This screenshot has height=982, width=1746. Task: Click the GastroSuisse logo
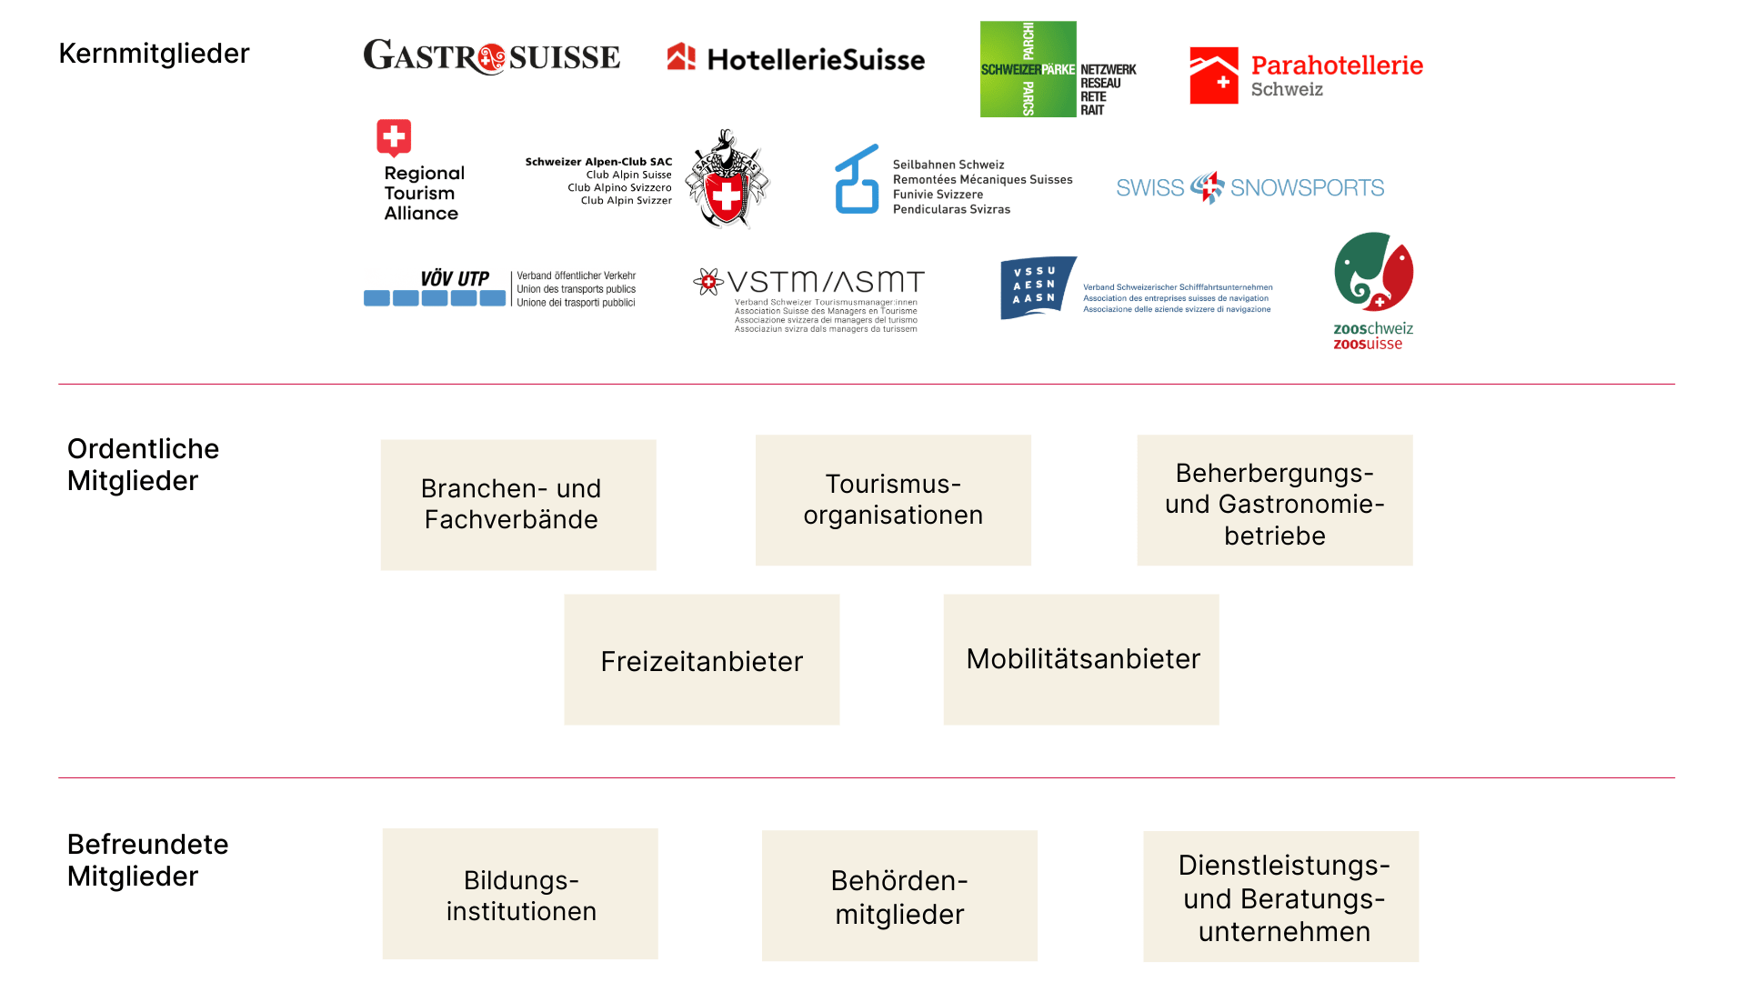tap(491, 56)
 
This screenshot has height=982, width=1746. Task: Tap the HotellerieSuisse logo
tap(796, 59)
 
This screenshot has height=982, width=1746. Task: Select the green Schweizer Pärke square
tap(1028, 69)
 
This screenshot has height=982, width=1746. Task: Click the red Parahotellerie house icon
tap(1214, 75)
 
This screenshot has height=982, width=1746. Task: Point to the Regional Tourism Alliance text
tap(424, 193)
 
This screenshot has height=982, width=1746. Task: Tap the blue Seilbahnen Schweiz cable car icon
tap(857, 180)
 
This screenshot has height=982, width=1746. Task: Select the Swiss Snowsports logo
tap(1249, 187)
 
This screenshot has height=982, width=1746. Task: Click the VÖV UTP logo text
tap(455, 278)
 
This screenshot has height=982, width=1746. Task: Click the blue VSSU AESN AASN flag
tap(1037, 286)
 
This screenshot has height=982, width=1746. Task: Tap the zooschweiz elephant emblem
tap(1373, 273)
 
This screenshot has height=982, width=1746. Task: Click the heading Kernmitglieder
tap(154, 54)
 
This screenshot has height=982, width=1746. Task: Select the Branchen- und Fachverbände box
tap(518, 505)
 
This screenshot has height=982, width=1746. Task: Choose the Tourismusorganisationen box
tap(893, 500)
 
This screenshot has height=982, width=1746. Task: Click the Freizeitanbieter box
tap(701, 660)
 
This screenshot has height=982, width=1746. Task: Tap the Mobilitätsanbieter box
tap(1081, 659)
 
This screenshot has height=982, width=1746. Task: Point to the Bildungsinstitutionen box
tap(520, 894)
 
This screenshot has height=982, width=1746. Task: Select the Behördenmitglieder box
tap(899, 896)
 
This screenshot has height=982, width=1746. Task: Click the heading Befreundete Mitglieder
tap(147, 859)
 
